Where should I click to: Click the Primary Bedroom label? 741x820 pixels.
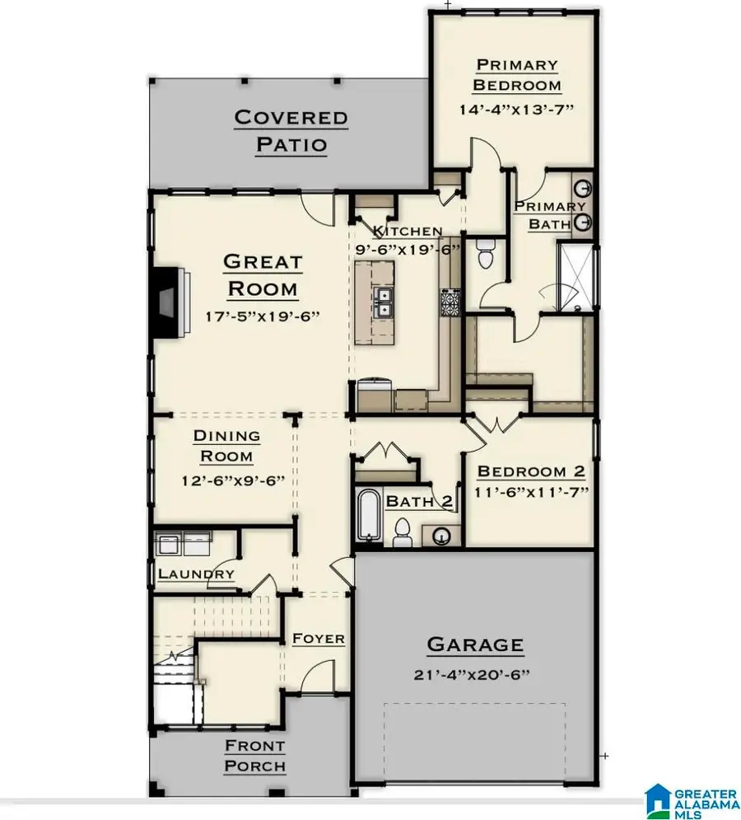coord(518,74)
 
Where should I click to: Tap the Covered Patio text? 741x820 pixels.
coord(291,130)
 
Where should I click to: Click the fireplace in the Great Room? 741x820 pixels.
coord(168,302)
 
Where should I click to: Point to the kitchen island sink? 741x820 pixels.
coord(383,302)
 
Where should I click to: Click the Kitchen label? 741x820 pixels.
coord(407,231)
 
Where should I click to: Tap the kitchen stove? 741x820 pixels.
coord(450,302)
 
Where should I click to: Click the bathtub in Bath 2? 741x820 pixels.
coord(368,518)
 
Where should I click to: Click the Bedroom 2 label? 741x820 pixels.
coord(531,471)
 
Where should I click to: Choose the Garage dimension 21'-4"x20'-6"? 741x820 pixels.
coord(473,674)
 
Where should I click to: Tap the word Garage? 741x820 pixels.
coord(473,644)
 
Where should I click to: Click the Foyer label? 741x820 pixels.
coord(318,639)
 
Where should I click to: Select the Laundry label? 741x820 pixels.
coord(196,574)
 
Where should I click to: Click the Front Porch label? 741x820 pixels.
coord(256,756)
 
